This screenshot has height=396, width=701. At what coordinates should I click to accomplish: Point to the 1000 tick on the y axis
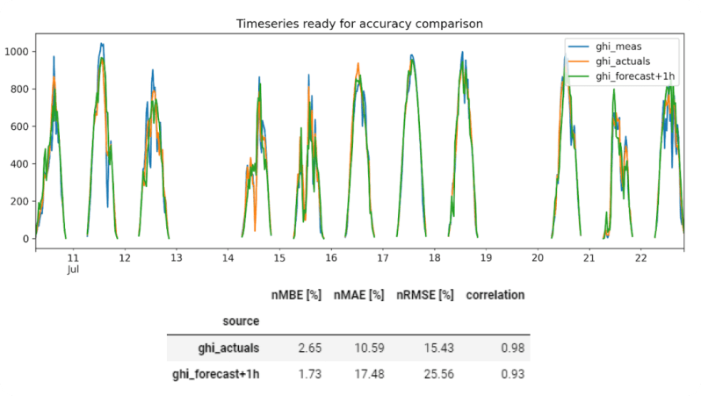(x=18, y=52)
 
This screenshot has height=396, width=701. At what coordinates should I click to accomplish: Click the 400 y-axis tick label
(x=20, y=164)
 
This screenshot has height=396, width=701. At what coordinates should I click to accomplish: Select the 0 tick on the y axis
(x=26, y=239)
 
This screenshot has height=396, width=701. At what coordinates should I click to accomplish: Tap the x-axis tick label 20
(x=538, y=257)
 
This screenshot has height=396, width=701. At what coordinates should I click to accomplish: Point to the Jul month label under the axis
(x=74, y=270)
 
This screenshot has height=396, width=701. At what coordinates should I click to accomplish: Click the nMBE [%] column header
(x=296, y=295)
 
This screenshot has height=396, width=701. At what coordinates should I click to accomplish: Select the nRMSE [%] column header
(x=425, y=295)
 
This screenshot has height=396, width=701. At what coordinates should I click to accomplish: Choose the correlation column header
(x=495, y=295)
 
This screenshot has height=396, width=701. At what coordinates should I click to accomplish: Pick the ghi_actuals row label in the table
(x=230, y=348)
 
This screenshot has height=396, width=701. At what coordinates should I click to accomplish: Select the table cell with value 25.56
(x=439, y=374)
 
